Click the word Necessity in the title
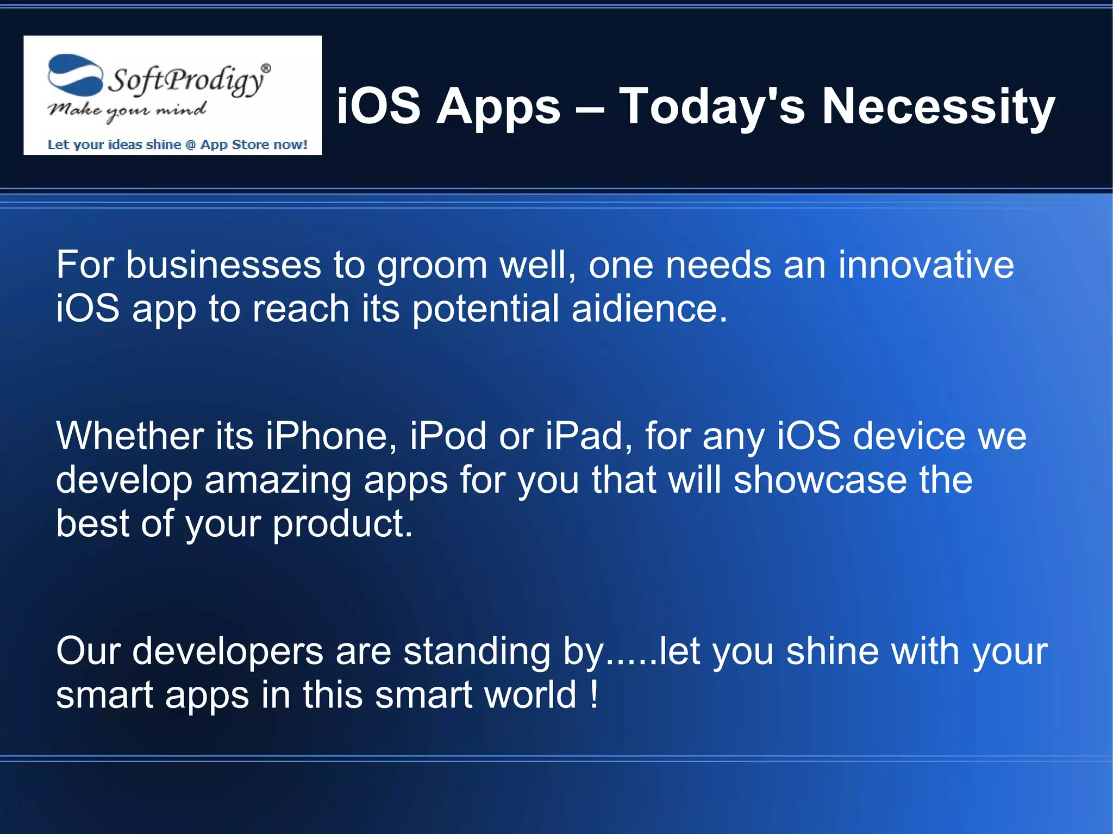point(938,106)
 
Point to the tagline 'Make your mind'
point(127,111)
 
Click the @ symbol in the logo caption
point(191,145)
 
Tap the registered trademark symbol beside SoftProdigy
point(266,68)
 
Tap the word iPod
point(448,436)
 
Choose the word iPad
point(589,436)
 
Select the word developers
point(227,651)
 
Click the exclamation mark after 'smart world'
point(594,694)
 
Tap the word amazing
point(278,480)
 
